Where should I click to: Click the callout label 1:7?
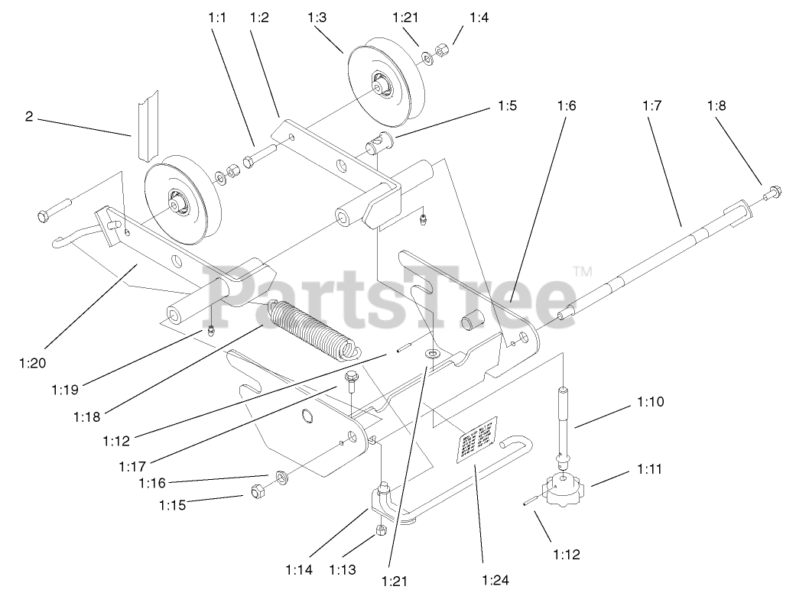pos(651,106)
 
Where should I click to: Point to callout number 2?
pos(29,117)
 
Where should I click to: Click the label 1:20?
pos(31,364)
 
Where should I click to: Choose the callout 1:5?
pos(505,106)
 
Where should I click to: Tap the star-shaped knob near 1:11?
pos(564,491)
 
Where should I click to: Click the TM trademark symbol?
pos(583,271)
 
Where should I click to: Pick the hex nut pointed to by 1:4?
pos(441,52)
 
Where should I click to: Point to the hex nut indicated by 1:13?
pos(381,530)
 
